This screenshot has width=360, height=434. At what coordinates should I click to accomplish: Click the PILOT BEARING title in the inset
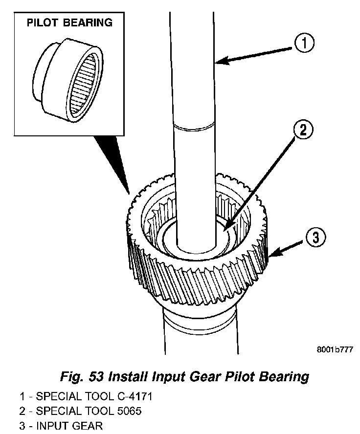point(69,22)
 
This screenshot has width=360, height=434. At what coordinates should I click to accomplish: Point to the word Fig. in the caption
point(70,377)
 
